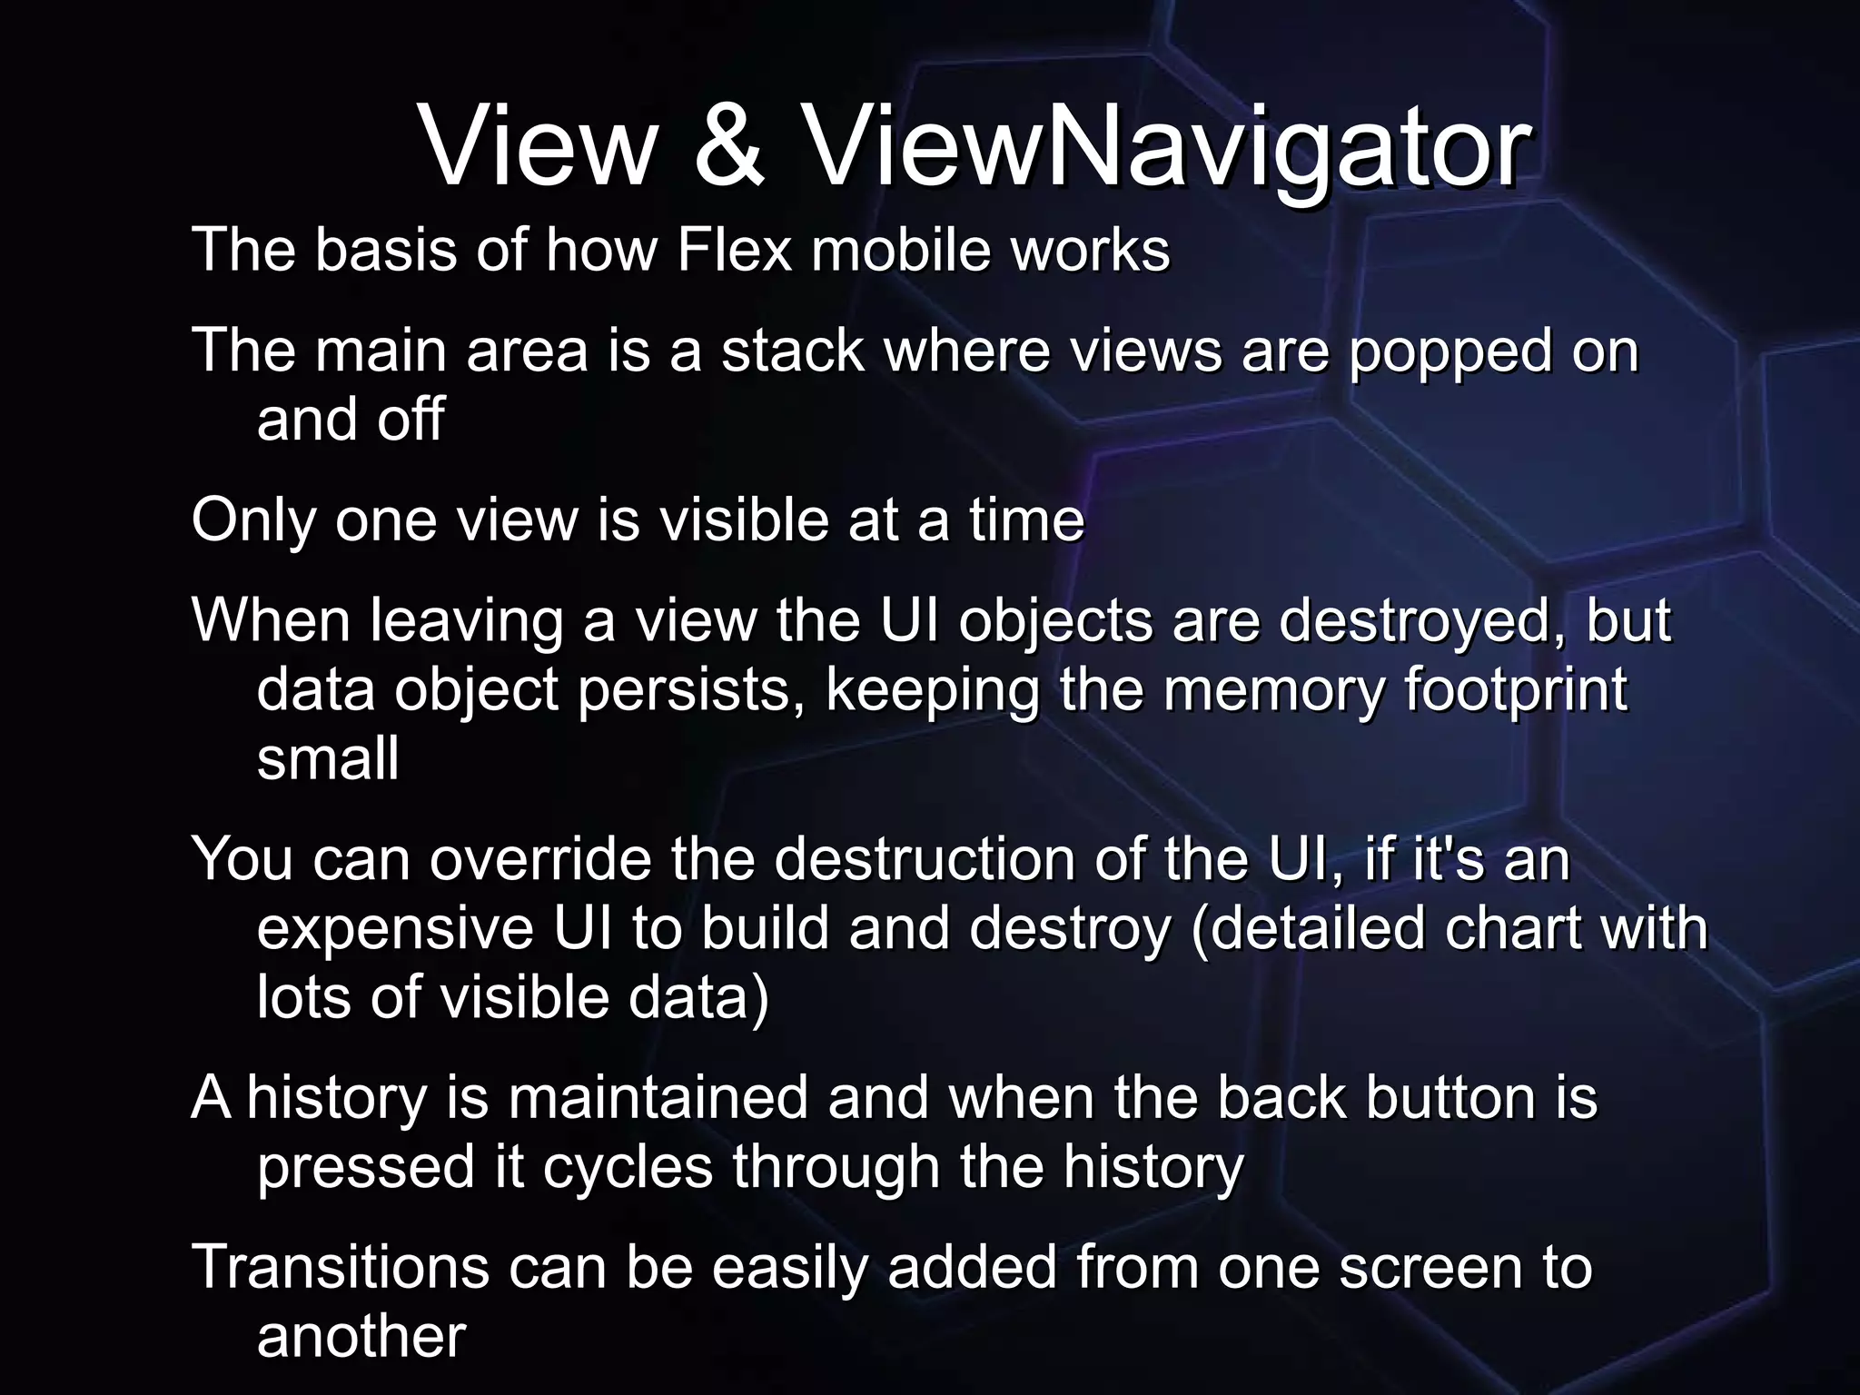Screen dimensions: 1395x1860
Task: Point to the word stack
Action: [792, 351]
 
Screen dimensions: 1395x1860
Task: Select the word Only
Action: [252, 522]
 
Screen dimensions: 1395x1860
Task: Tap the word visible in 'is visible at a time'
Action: [743, 520]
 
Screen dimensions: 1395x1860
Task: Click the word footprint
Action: [1515, 691]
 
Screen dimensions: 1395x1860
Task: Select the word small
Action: [328, 759]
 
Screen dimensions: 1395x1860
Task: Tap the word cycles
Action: [628, 1168]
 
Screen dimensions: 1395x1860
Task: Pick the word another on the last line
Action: [361, 1337]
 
